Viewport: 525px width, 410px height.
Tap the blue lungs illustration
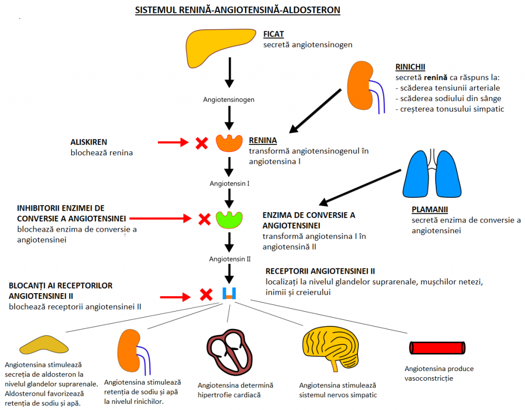coord(432,174)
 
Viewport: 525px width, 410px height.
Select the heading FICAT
coord(273,34)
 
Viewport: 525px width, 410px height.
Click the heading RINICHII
coord(410,67)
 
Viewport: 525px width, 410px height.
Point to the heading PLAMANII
coord(430,210)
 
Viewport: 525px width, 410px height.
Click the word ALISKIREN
coord(89,142)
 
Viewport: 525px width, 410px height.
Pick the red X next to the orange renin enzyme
coord(201,143)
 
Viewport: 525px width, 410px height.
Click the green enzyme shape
coord(229,219)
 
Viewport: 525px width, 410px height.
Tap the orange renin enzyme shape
coord(229,143)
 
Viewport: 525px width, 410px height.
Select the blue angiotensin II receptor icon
coord(229,293)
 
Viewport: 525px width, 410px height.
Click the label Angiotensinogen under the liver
coord(229,99)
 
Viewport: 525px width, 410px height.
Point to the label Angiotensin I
coord(229,183)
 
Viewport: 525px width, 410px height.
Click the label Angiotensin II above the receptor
coord(230,259)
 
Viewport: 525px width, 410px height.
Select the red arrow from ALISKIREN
coord(173,142)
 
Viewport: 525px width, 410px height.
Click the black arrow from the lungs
coord(360,187)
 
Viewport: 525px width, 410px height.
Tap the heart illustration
coord(229,352)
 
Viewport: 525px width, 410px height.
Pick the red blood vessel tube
coord(437,348)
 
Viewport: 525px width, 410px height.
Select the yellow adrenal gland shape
coord(44,345)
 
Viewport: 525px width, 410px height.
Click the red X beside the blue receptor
coord(206,295)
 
